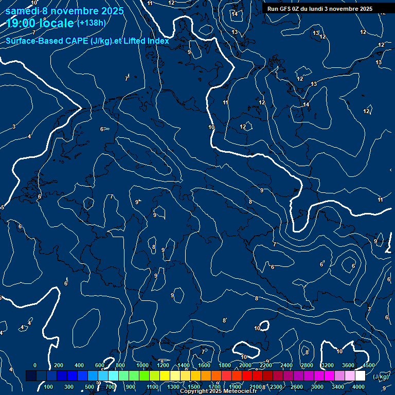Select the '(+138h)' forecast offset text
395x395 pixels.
(91, 23)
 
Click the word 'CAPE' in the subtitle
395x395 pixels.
(78, 41)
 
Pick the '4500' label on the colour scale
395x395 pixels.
(369, 365)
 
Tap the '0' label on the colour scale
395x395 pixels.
(34, 365)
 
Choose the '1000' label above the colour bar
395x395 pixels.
(142, 365)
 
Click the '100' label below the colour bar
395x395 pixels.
(49, 386)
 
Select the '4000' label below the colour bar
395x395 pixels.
(358, 386)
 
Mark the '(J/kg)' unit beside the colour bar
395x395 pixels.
(380, 376)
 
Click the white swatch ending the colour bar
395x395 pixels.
(360, 376)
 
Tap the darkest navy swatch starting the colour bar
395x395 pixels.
(31, 376)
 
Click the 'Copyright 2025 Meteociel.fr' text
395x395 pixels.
(218, 391)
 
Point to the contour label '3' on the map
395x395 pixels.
(14, 127)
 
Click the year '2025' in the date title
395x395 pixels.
(109, 11)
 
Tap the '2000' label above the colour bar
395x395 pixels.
(245, 365)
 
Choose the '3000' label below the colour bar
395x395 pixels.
(317, 386)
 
